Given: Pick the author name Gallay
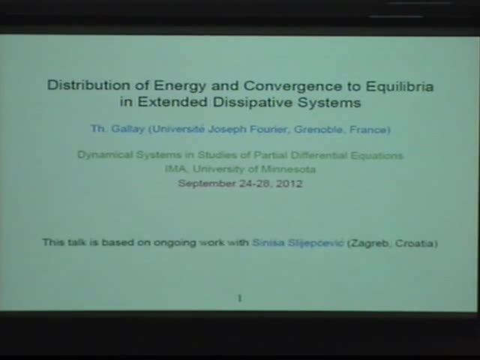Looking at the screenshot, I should [127, 129].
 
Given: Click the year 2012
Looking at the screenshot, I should [289, 183].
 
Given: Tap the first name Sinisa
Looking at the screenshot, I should [268, 243].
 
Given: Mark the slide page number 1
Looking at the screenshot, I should [240, 298].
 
